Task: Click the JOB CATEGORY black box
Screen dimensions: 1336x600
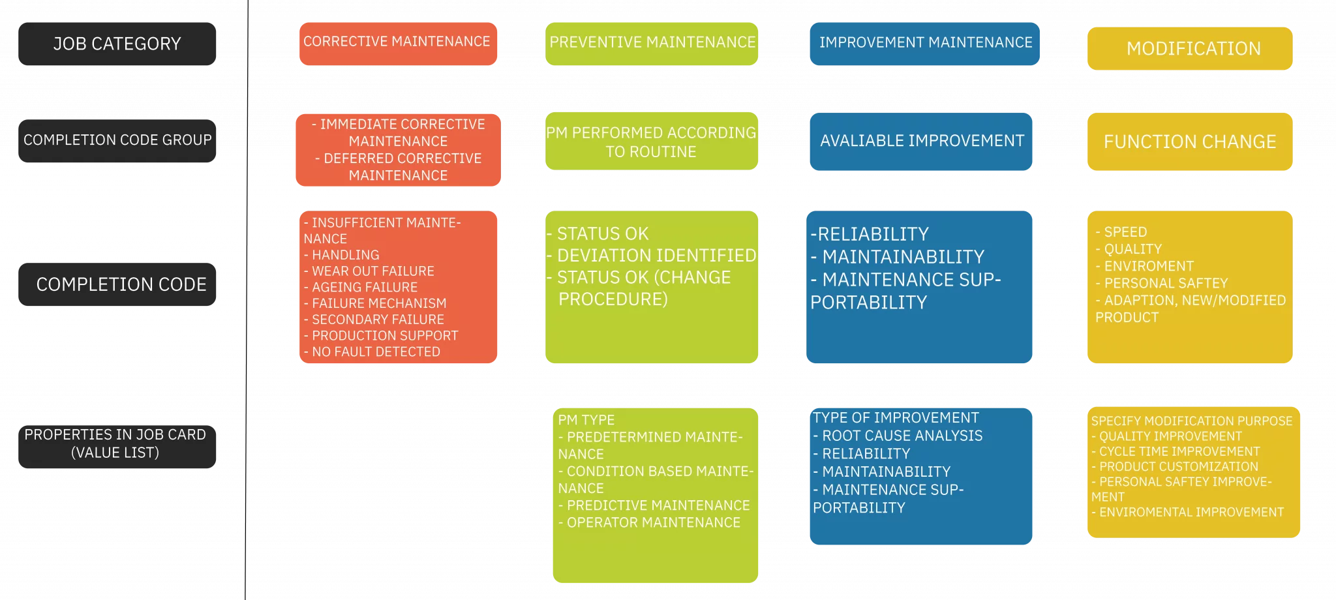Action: (x=117, y=44)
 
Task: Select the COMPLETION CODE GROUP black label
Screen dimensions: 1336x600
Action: (x=117, y=140)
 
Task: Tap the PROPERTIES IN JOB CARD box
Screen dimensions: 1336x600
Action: (x=117, y=446)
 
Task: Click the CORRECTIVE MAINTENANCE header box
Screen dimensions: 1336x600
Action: (x=398, y=44)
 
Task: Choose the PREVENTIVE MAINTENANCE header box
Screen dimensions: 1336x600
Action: (x=652, y=44)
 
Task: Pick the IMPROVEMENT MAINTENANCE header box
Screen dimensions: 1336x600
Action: (x=924, y=44)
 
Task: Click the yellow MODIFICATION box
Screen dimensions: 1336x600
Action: (x=1190, y=48)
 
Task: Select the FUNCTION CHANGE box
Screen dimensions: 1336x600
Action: (x=1190, y=142)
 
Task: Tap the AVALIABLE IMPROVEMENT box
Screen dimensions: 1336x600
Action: (x=921, y=142)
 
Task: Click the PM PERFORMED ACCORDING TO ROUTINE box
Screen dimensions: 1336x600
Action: (x=652, y=141)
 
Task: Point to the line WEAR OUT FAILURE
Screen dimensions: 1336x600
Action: (x=369, y=271)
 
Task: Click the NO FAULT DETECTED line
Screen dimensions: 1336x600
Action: (x=372, y=352)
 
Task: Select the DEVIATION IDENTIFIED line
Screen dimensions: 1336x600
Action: (x=652, y=255)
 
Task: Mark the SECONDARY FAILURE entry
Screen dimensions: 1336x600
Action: (x=374, y=319)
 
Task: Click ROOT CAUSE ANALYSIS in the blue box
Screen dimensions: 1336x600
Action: (x=898, y=436)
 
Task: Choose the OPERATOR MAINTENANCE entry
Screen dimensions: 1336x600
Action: (x=649, y=522)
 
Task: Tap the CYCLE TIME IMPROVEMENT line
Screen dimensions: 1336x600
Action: (x=1176, y=451)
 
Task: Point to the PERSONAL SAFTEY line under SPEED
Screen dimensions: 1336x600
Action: (x=1162, y=283)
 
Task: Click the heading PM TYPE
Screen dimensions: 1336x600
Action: (x=586, y=420)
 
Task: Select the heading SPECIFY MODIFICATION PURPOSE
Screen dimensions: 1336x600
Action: (x=1192, y=421)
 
